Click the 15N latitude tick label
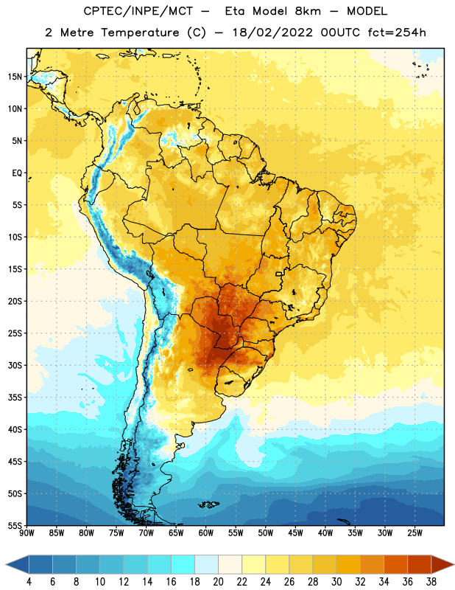(x=15, y=77)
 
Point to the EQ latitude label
(x=17, y=173)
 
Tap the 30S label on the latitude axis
(x=15, y=365)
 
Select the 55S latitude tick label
(x=15, y=525)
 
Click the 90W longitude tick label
(x=27, y=533)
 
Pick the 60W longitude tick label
(x=206, y=533)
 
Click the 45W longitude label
(x=295, y=533)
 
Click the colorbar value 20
(x=218, y=582)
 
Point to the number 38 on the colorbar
(x=431, y=582)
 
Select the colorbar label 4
(x=29, y=582)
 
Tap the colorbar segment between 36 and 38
(x=420, y=565)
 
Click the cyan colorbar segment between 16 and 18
(x=183, y=565)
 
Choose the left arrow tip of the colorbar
(x=6, y=565)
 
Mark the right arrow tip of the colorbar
(x=454, y=565)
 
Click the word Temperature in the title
(x=140, y=32)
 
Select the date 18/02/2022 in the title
(x=272, y=32)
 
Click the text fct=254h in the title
(x=397, y=32)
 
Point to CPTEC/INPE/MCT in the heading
(x=138, y=11)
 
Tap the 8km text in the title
(x=308, y=11)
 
